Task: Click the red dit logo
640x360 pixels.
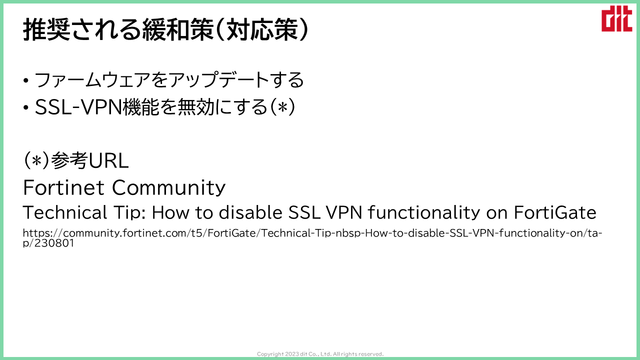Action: pyautogui.click(x=616, y=18)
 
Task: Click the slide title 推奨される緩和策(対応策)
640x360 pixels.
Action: pyautogui.click(x=165, y=29)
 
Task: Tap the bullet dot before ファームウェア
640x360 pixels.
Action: pyautogui.click(x=26, y=80)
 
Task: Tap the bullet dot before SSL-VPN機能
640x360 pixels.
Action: pyautogui.click(x=26, y=108)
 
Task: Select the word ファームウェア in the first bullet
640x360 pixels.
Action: pyautogui.click(x=92, y=79)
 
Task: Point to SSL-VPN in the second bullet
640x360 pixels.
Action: pyautogui.click(x=78, y=107)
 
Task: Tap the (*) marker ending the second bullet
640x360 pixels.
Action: pyautogui.click(x=282, y=107)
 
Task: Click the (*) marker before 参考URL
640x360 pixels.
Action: pyautogui.click(x=36, y=160)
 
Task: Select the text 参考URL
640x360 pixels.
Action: pyautogui.click(x=89, y=160)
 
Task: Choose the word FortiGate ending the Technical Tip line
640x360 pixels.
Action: pyautogui.click(x=555, y=212)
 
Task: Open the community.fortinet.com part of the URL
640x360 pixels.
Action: pyautogui.click(x=125, y=233)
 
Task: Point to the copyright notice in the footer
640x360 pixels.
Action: pyautogui.click(x=320, y=354)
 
